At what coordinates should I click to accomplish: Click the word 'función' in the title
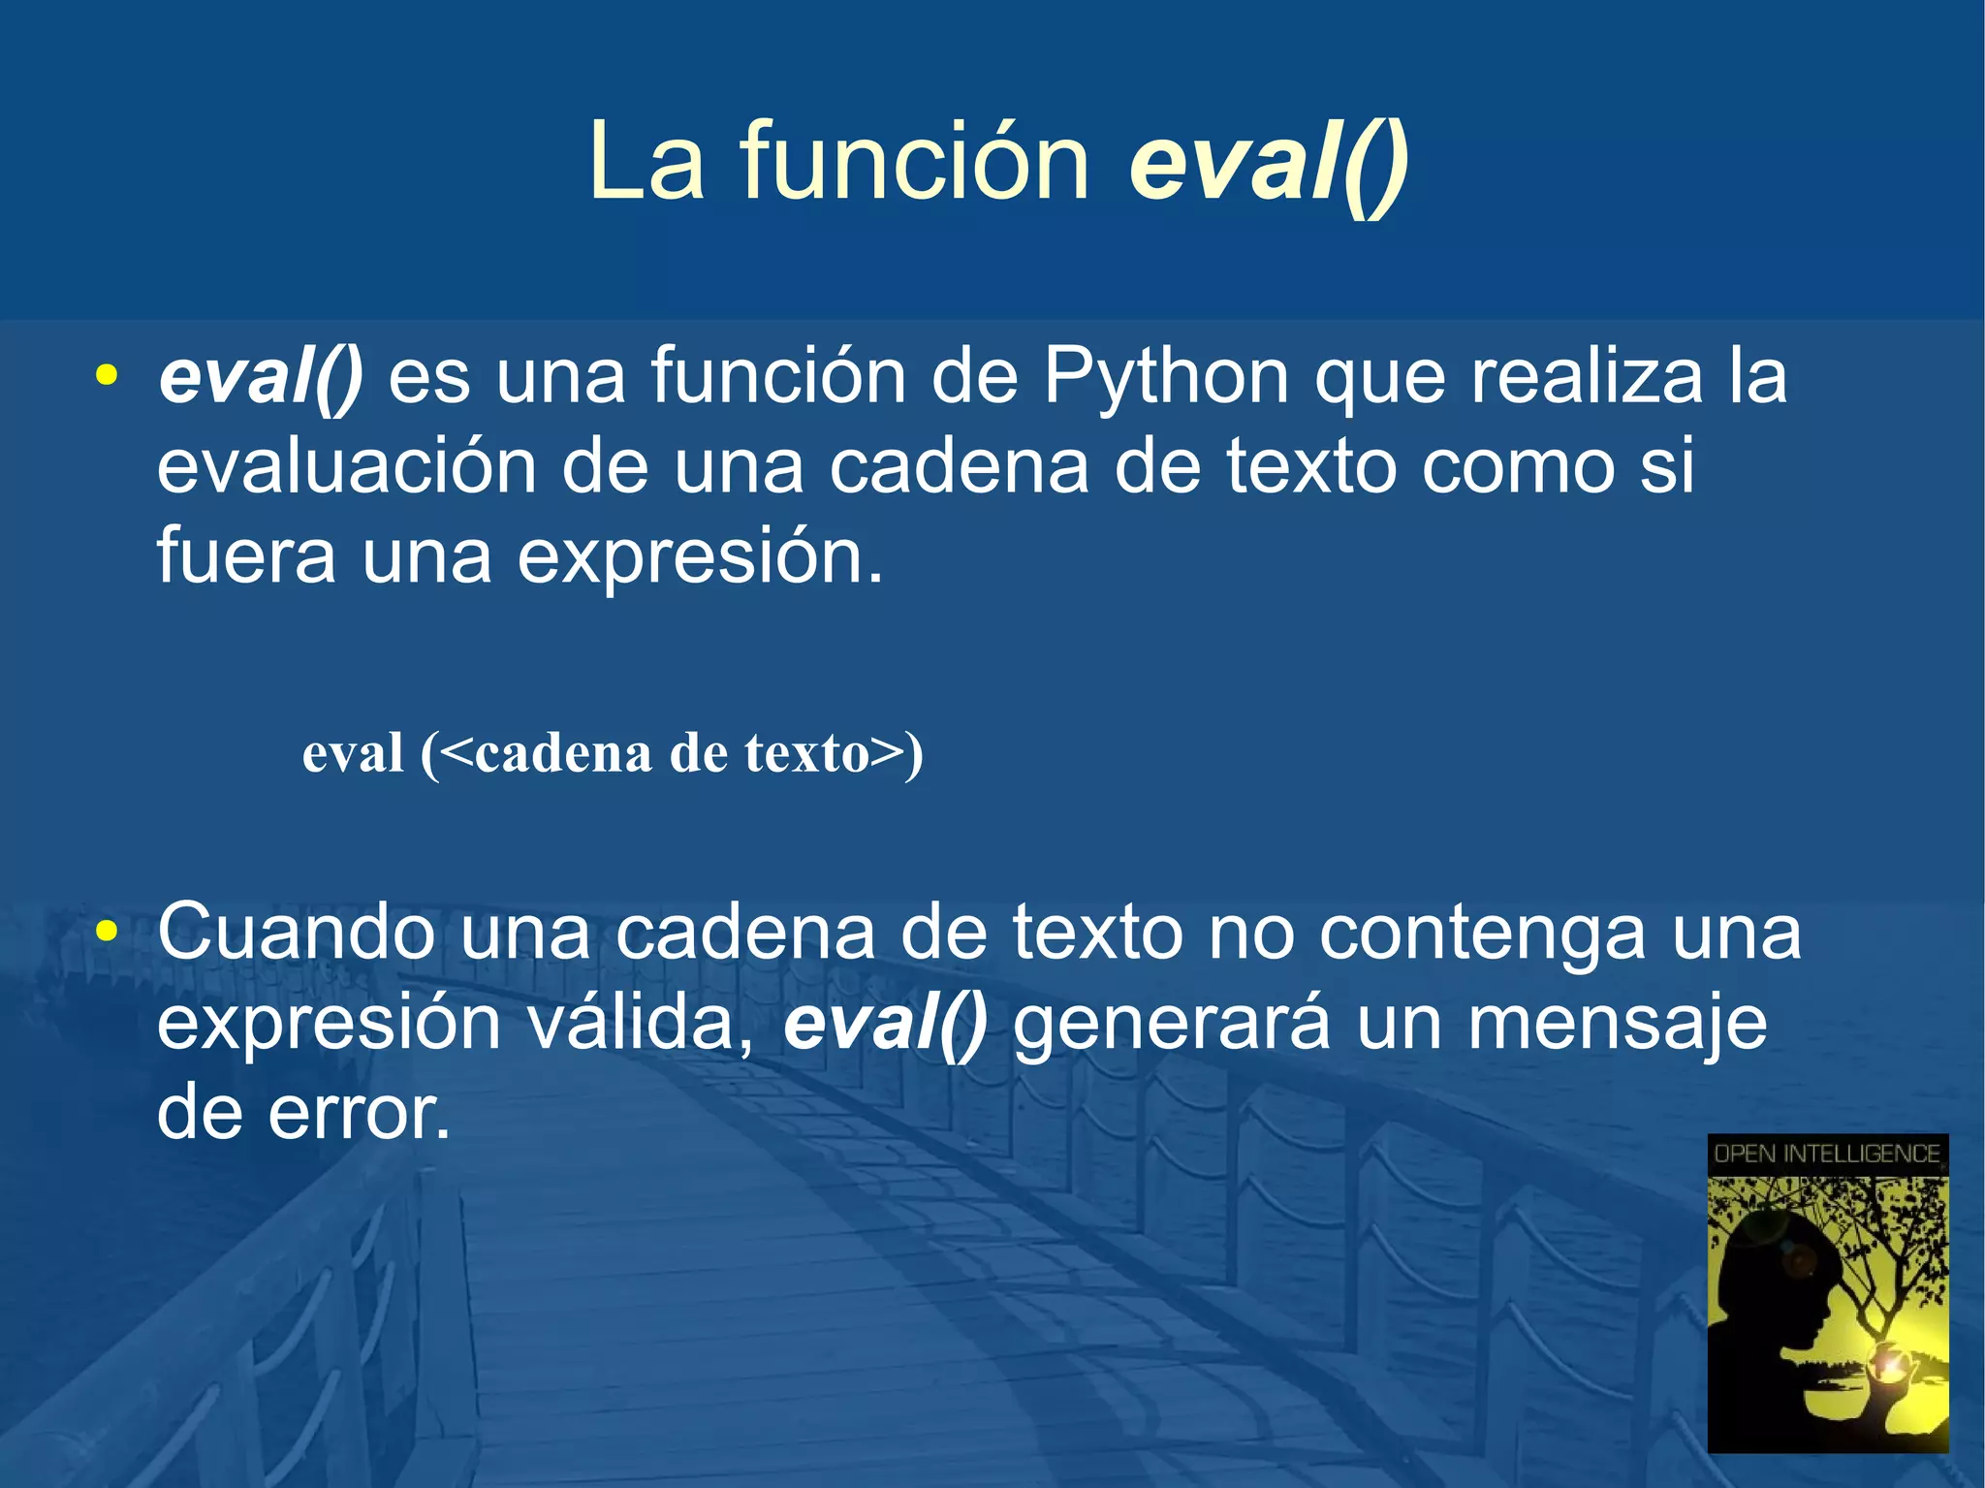click(915, 163)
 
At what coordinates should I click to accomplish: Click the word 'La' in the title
click(646, 163)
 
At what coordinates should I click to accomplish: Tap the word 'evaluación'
click(347, 467)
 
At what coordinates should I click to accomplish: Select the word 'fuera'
click(246, 556)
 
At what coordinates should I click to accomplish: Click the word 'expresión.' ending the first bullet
click(700, 558)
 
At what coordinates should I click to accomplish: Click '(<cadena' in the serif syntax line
click(535, 753)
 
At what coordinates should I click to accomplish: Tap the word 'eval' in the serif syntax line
click(353, 753)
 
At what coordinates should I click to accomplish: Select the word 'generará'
click(1171, 1025)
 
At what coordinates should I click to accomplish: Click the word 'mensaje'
click(1617, 1025)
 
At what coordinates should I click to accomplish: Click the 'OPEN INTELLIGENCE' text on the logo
click(1827, 1154)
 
